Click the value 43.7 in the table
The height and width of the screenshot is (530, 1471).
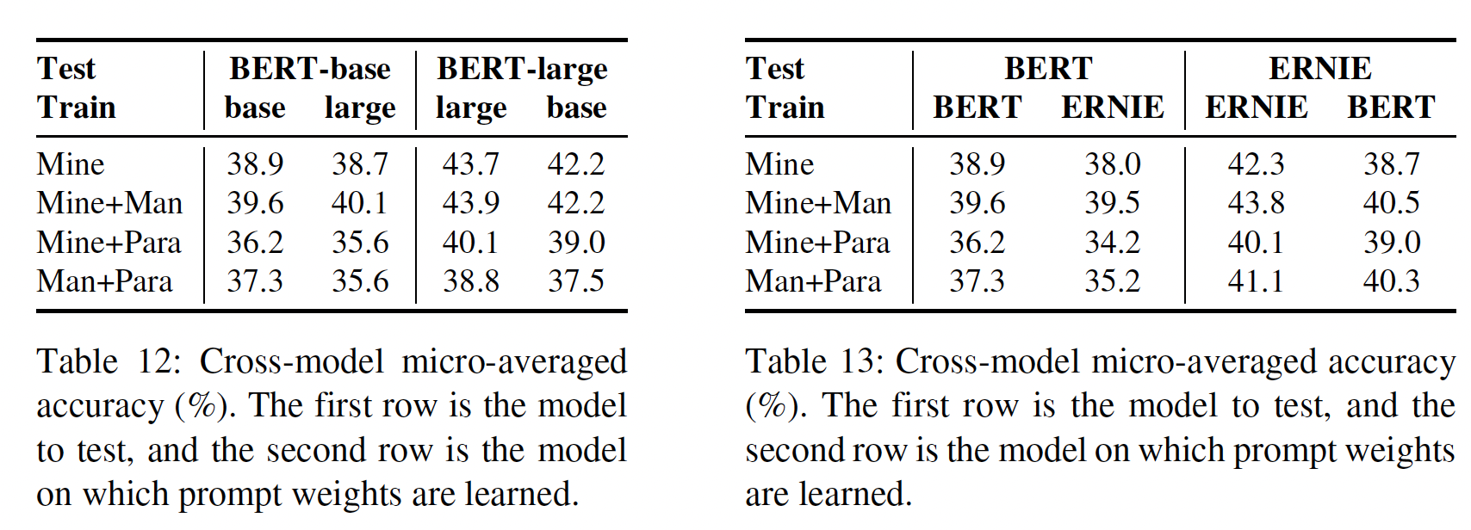pos(470,163)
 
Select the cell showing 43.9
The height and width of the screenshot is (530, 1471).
pos(470,203)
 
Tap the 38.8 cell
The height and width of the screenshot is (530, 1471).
pos(470,281)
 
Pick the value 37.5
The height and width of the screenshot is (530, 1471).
pos(576,281)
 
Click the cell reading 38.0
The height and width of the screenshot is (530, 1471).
pos(1112,163)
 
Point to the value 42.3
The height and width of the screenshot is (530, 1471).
pos(1256,163)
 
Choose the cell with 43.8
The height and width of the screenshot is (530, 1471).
pos(1256,203)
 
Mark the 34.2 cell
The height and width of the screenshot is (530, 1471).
pos(1112,243)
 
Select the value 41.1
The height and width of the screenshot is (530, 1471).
pos(1256,281)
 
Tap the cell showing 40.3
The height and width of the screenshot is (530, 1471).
pos(1391,281)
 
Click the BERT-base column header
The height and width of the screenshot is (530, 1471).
pos(310,69)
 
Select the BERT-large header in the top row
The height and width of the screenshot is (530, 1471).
pos(522,69)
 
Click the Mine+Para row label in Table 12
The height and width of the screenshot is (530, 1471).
pos(109,243)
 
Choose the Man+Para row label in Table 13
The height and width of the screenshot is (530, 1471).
pos(813,281)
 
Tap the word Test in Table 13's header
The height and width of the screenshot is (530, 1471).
pos(774,69)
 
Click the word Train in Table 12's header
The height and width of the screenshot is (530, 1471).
pos(76,108)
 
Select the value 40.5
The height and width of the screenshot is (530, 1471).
pos(1391,203)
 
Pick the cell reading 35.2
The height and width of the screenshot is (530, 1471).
pos(1112,281)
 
